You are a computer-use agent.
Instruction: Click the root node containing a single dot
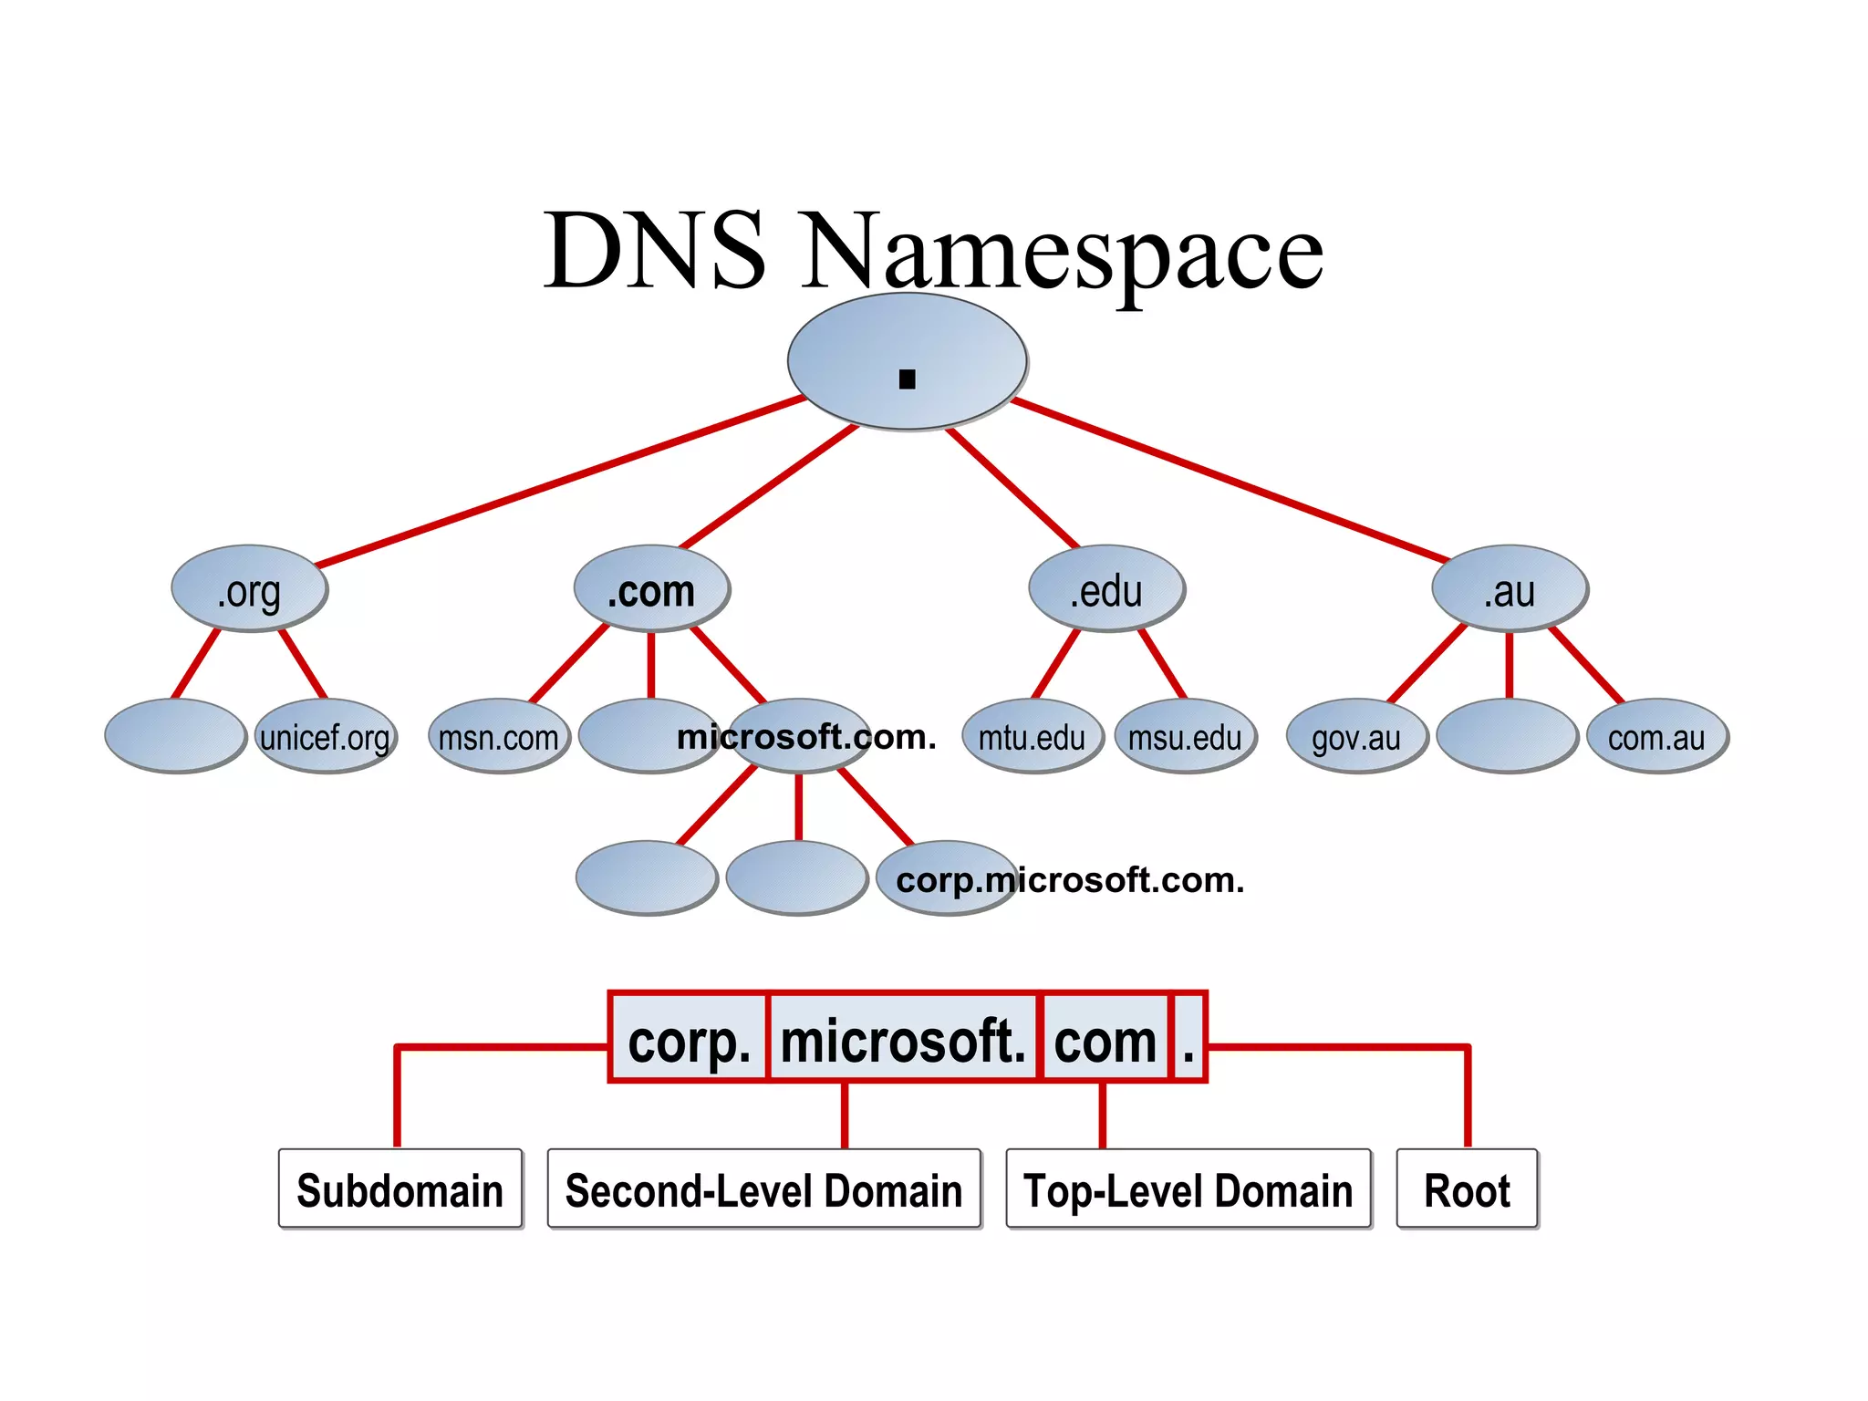[907, 361]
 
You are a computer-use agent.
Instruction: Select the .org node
[249, 589]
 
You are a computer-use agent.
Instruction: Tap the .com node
[651, 589]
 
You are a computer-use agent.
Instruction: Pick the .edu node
[1106, 589]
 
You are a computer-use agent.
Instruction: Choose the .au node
[1510, 589]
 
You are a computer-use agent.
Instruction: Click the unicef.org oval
[326, 736]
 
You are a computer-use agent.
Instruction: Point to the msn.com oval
[499, 736]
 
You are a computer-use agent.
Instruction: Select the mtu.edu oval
[1033, 736]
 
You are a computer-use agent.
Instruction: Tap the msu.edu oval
[1185, 736]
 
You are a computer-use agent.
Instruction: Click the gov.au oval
[1356, 736]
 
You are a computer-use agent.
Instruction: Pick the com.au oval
[1656, 736]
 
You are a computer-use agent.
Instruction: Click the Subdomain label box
[400, 1189]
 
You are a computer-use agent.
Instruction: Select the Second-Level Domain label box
[763, 1189]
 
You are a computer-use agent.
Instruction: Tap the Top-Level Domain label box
[1188, 1189]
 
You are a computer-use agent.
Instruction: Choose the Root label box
[1467, 1189]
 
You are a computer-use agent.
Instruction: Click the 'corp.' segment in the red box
[689, 1039]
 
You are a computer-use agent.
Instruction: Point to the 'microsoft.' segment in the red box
[903, 1039]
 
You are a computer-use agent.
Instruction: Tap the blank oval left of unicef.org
[175, 736]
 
